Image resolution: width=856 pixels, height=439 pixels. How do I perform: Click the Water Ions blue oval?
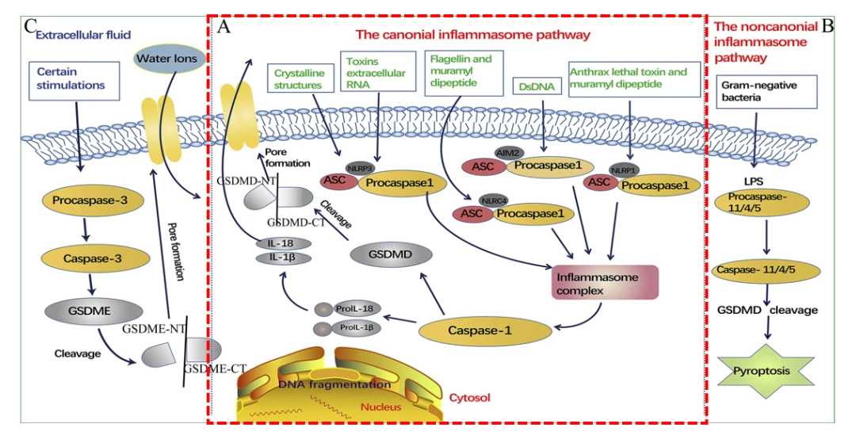click(167, 59)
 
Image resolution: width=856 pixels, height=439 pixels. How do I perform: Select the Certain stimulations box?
click(74, 80)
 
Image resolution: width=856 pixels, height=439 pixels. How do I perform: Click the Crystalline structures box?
click(299, 78)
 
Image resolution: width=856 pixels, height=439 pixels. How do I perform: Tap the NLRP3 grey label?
click(359, 169)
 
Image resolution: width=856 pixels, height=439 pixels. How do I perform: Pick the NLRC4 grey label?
click(494, 201)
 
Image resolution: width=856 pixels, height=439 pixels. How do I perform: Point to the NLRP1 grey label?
click(624, 170)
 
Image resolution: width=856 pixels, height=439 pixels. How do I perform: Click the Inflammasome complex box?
click(606, 282)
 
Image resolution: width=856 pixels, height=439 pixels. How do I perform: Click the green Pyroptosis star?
click(769, 372)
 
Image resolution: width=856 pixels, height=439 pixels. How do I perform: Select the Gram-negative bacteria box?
click(766, 92)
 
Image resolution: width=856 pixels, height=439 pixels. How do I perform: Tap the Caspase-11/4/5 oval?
click(766, 270)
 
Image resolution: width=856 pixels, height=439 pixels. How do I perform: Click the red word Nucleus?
click(381, 407)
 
